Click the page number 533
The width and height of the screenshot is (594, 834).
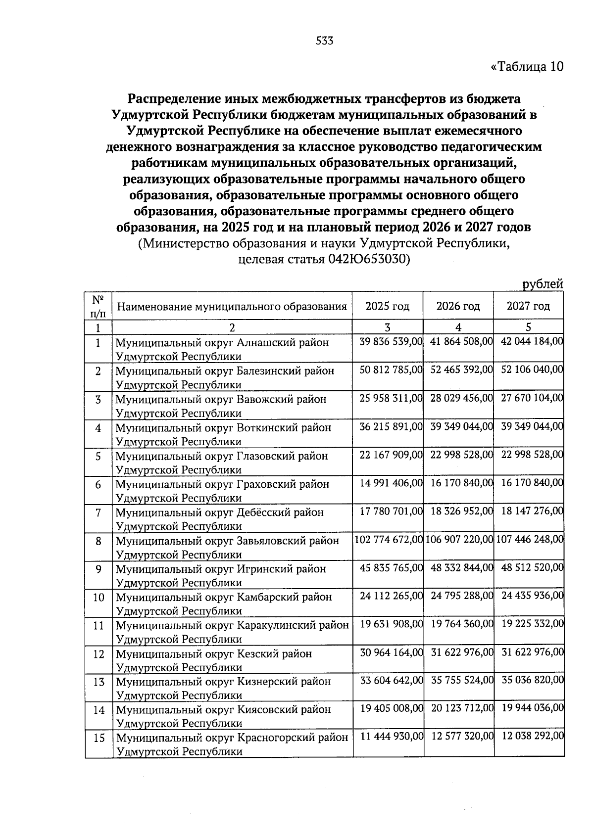(x=325, y=41)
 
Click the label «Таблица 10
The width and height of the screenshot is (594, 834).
(x=527, y=67)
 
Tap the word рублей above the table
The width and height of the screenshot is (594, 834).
(x=543, y=284)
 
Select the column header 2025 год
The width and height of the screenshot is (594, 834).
(x=388, y=306)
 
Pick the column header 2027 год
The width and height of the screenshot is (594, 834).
(x=528, y=306)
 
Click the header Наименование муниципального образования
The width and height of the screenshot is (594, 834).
(x=232, y=307)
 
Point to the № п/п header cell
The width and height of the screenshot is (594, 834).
(x=98, y=306)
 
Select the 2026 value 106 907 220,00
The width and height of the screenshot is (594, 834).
(x=459, y=539)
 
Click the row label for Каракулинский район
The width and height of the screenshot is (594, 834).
(x=232, y=632)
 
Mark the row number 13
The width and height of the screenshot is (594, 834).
(x=99, y=682)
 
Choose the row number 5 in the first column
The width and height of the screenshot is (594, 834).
(x=98, y=456)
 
